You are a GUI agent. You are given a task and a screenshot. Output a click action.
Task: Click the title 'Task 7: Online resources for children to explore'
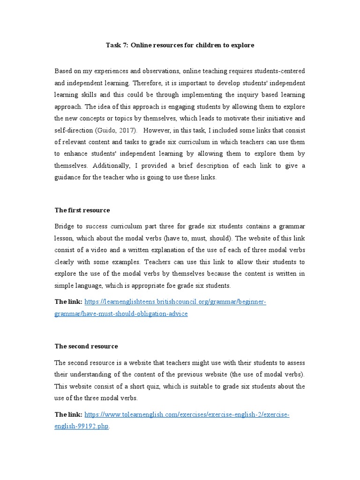(x=180, y=45)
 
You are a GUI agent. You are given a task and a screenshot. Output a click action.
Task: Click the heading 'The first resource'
(x=82, y=210)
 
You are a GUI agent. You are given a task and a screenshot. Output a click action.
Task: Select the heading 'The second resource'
(x=86, y=346)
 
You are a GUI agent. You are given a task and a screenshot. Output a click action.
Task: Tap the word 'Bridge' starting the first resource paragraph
(x=64, y=226)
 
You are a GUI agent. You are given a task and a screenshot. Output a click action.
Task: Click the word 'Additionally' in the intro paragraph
(x=111, y=166)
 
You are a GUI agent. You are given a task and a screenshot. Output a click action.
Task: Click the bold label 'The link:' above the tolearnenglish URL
(x=68, y=415)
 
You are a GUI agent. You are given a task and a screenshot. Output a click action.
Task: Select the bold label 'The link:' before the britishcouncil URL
(x=68, y=302)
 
